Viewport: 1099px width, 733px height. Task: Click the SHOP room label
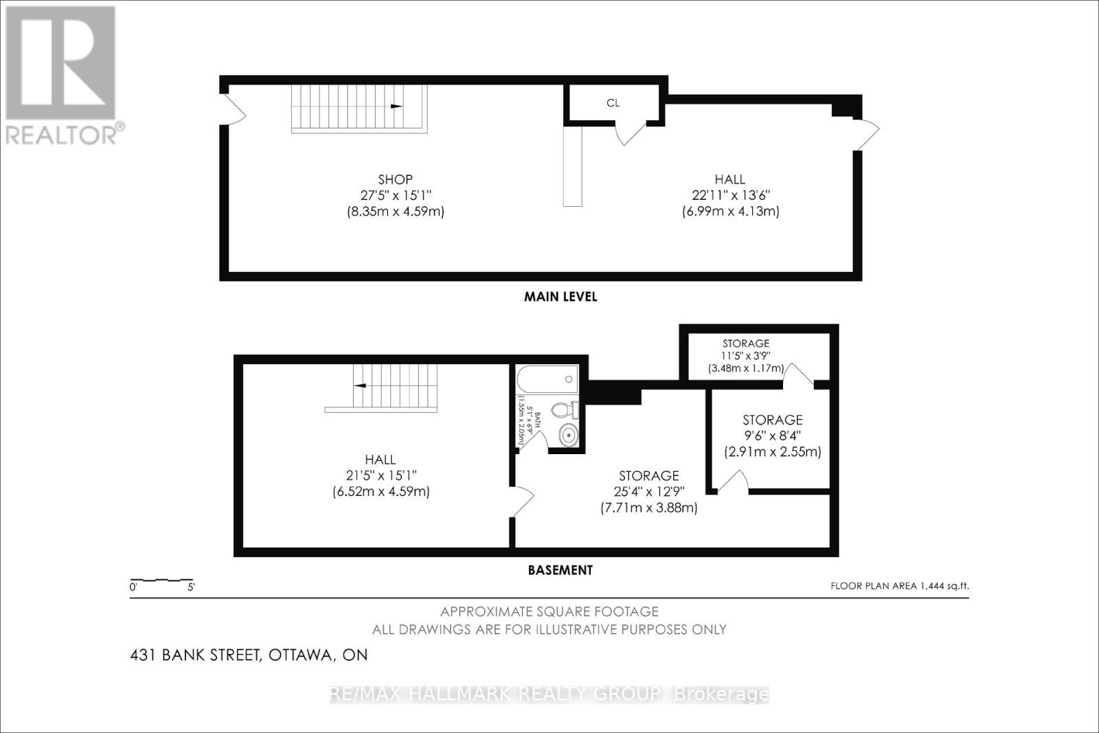tap(395, 179)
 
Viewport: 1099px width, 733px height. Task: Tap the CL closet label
tap(613, 103)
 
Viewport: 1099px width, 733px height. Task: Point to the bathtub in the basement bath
tap(547, 379)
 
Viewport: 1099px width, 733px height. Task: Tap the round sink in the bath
tap(568, 434)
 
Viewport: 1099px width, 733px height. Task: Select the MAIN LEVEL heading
tap(560, 297)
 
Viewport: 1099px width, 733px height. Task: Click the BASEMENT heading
tap(560, 570)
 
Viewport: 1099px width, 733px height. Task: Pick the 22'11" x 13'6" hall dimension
tap(730, 195)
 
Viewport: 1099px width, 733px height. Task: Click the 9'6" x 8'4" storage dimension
tap(772, 436)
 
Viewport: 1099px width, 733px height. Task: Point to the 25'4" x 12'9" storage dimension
tap(648, 492)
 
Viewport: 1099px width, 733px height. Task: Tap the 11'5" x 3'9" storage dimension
tap(746, 356)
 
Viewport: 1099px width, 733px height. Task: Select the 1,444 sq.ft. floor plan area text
tap(900, 586)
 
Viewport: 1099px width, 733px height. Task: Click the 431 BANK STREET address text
tap(249, 655)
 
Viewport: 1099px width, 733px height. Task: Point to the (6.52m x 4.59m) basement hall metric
tap(381, 492)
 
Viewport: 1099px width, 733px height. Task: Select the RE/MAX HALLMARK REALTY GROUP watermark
tap(549, 695)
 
